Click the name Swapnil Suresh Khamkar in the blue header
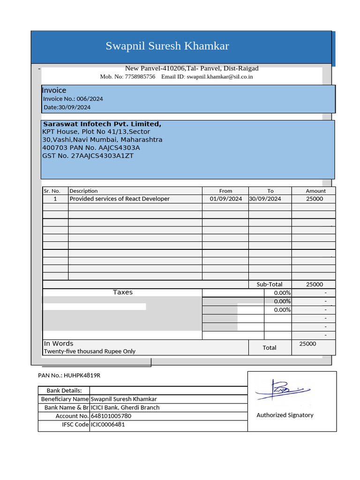click(167, 46)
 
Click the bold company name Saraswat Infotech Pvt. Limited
click(102, 124)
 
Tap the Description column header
click(83, 191)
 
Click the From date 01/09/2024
click(225, 199)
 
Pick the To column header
click(270, 191)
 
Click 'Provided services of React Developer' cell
click(120, 199)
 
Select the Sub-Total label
click(269, 285)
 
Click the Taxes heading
click(123, 292)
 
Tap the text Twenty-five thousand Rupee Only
click(90, 351)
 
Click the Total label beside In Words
click(269, 348)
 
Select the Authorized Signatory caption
click(285, 415)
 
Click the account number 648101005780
click(111, 416)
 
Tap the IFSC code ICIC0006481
click(108, 425)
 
